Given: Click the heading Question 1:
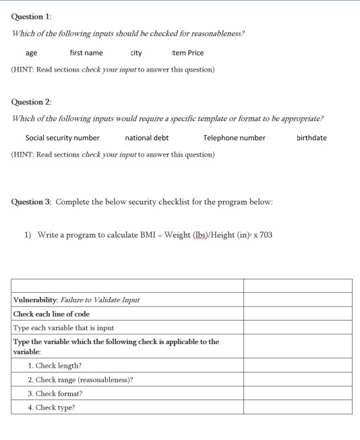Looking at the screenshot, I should click(x=31, y=17).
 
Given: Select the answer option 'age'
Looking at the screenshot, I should click(x=31, y=53).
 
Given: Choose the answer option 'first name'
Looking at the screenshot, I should click(x=86, y=53).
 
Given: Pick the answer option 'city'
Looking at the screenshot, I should click(x=136, y=53).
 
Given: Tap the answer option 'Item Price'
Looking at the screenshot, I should click(x=187, y=53).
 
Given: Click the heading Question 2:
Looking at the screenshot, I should click(x=31, y=102).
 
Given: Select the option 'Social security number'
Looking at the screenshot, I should click(x=62, y=138).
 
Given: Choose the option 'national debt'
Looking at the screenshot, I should click(x=147, y=138).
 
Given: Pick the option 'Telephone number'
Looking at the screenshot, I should click(x=234, y=138).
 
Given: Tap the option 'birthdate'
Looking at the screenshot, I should click(x=311, y=138).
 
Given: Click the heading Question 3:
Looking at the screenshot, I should click(x=31, y=202).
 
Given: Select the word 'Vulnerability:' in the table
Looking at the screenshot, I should click(x=36, y=300).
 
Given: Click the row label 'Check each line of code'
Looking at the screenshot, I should click(x=51, y=314).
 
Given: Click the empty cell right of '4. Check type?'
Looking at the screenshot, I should click(x=297, y=407).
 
